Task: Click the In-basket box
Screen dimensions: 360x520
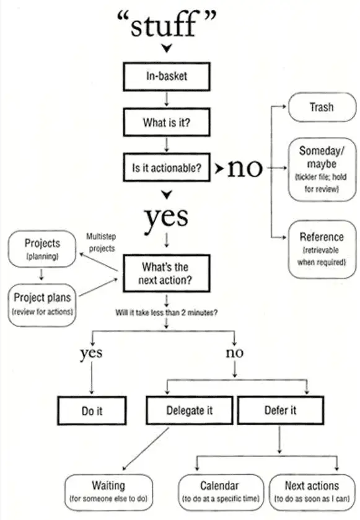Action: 167,77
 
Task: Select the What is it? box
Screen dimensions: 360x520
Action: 167,122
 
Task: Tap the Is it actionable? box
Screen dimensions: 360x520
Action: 167,167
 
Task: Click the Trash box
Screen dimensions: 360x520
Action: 322,107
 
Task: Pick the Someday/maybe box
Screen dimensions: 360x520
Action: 322,169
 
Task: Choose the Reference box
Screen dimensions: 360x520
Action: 322,249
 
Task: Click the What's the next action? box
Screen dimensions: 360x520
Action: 167,273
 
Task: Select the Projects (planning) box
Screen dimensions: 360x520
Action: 42,249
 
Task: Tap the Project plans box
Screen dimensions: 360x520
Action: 42,305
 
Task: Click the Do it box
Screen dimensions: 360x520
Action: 92,410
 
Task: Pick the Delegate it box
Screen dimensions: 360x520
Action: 189,410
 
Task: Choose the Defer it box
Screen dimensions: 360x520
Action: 281,410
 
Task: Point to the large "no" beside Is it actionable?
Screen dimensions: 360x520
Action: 245,168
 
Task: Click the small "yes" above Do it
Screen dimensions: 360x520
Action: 91,353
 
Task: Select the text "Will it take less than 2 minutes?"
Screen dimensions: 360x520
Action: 167,312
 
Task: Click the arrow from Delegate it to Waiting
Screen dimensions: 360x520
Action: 146,449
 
